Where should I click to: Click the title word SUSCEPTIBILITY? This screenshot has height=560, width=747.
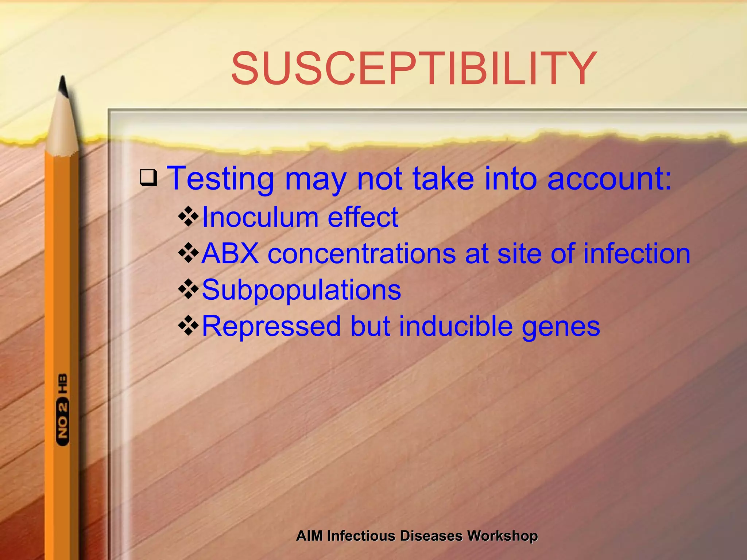(x=414, y=69)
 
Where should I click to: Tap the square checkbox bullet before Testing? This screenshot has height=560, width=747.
(x=148, y=178)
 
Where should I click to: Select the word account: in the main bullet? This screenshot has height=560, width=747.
(x=609, y=179)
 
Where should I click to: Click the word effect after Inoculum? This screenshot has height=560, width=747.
(x=363, y=217)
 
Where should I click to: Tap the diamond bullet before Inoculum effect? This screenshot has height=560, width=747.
(x=188, y=217)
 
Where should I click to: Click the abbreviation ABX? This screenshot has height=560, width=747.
(x=230, y=254)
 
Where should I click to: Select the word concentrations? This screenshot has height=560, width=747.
(x=361, y=254)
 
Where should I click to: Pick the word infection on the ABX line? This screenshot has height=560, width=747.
(x=637, y=254)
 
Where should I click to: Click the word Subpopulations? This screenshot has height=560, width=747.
(x=301, y=290)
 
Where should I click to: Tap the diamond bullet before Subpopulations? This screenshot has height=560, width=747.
(x=188, y=289)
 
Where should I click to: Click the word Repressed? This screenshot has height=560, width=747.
(x=271, y=326)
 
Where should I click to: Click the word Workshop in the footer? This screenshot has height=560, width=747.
(x=503, y=536)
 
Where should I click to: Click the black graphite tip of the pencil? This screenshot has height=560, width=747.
(x=63, y=86)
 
